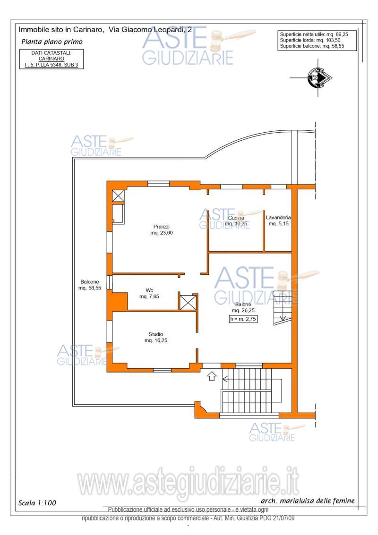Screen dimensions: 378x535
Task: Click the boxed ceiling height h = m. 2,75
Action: (x=243, y=319)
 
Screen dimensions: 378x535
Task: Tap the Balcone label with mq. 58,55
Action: (x=90, y=285)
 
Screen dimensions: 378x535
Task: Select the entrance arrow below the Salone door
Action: (x=212, y=376)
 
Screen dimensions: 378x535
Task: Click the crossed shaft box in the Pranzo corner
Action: (x=119, y=196)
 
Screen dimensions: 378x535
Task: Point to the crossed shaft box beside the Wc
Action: (x=188, y=302)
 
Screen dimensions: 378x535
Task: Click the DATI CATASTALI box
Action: (x=52, y=59)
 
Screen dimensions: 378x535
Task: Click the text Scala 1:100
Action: (x=37, y=502)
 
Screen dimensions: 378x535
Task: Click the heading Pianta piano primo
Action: (x=52, y=42)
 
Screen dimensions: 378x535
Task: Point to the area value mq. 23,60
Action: (x=162, y=233)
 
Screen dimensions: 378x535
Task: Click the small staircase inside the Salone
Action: (x=283, y=308)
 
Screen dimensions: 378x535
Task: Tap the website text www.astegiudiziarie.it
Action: (x=188, y=483)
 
